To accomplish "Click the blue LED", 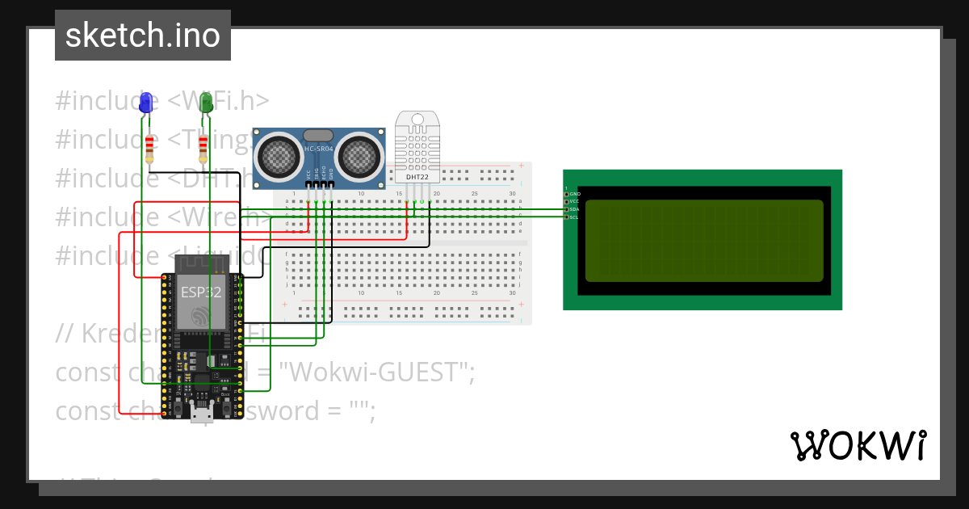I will [x=146, y=103].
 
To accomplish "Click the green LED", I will [x=207, y=103].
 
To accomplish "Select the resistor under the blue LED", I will [x=149, y=149].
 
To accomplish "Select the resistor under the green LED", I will [x=202, y=149].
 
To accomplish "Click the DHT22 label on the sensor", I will [x=417, y=176].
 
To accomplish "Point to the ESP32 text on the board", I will [x=200, y=292].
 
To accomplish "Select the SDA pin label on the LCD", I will [x=574, y=209].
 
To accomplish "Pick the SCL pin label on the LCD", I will [x=573, y=217].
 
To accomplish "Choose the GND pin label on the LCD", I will [x=574, y=194].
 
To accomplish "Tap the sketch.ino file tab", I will [x=143, y=36].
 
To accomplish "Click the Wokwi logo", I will [x=858, y=446].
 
